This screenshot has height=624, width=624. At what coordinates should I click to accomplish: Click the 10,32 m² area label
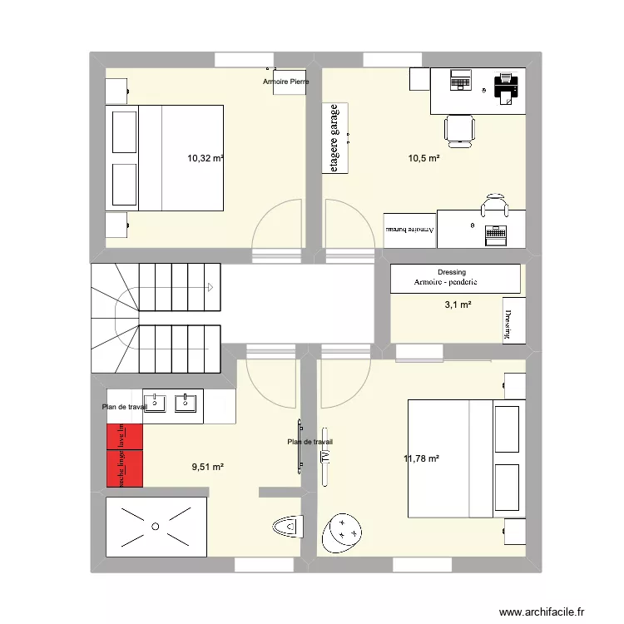206,157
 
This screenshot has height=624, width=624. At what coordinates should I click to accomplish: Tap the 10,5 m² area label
423,157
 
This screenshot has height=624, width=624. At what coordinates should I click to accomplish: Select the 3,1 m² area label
458,305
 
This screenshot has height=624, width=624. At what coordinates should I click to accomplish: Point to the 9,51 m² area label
208,467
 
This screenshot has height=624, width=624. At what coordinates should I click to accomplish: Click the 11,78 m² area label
421,458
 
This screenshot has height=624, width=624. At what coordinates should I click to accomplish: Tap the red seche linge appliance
124,468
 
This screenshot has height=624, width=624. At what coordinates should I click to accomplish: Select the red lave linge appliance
124,438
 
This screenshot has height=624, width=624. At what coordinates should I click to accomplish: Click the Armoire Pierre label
285,82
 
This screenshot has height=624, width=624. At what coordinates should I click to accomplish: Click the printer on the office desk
506,86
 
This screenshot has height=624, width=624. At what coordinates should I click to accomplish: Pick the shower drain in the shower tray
155,526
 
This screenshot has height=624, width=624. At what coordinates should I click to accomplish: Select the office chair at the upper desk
459,126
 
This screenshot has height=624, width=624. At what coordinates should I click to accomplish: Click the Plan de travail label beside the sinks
124,407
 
